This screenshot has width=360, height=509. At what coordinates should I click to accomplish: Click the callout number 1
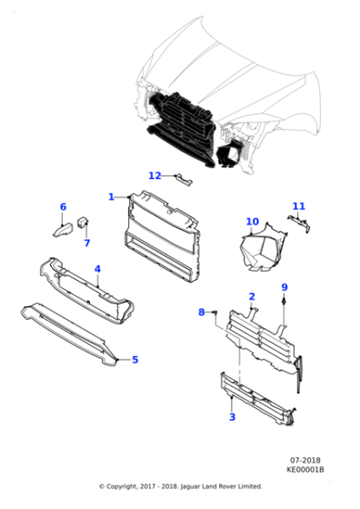pos(112,196)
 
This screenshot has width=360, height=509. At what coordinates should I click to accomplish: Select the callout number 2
pos(252,295)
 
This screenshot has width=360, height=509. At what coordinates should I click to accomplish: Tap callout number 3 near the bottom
pos(232,417)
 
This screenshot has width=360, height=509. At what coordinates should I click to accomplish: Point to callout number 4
pos(97,269)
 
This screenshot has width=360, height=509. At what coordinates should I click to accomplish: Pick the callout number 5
pos(135,360)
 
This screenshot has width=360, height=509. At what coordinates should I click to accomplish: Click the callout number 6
pos(63,207)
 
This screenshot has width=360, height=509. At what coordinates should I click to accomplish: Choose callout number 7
pos(87,243)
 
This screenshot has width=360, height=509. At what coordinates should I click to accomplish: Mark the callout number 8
pos(202,313)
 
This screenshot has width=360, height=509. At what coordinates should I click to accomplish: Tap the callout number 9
pos(284,288)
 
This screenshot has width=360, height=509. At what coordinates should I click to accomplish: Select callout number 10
pos(253,221)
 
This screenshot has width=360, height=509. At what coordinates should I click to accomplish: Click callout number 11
pos(299,206)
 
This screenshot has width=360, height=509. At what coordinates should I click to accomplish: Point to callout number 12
pos(155,175)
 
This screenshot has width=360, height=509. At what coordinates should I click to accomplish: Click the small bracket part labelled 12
pos(182,178)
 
